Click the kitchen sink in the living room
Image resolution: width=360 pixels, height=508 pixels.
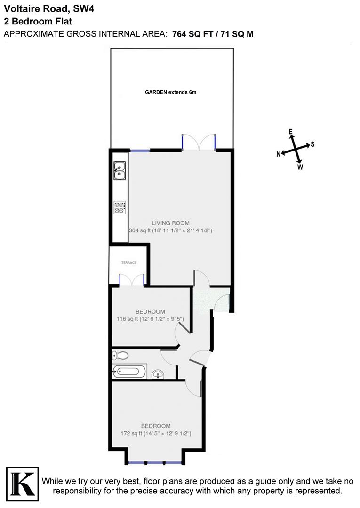pos(120,170)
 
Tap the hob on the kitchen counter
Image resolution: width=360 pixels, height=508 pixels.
pos(120,207)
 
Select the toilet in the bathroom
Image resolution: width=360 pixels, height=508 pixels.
pos(122,355)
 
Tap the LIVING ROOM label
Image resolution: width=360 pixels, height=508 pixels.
pos(170,223)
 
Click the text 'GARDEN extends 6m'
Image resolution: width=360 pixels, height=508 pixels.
pos(170,92)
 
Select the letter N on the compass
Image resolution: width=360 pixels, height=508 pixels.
pos(279,154)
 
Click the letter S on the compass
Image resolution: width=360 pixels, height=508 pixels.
pos(312,144)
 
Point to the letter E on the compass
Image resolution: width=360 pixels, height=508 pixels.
pos(290,131)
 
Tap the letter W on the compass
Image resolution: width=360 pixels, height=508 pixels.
pos(300,167)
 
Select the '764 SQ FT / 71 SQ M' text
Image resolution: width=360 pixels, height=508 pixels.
pos(213,34)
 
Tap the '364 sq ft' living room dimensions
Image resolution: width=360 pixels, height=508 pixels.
pos(170,230)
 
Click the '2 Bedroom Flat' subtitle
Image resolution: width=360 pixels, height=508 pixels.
pos(31,22)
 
